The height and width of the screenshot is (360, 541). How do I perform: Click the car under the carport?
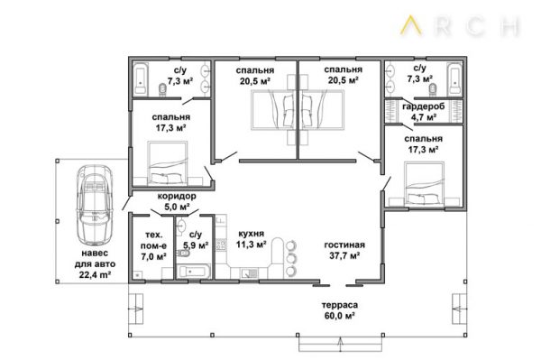(x=95, y=205)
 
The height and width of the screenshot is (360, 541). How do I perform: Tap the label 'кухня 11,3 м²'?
(x=252, y=239)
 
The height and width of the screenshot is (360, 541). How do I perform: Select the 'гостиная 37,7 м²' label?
(x=344, y=250)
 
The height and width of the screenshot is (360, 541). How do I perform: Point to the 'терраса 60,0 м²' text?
(x=340, y=310)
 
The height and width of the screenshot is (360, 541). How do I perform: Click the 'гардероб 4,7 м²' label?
(x=424, y=112)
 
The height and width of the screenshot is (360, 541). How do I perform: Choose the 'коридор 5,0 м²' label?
(x=177, y=201)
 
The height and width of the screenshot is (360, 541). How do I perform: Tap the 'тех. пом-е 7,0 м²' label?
(x=153, y=245)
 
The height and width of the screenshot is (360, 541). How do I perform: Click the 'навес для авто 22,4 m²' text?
(x=95, y=263)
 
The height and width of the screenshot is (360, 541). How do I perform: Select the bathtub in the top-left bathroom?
(x=141, y=79)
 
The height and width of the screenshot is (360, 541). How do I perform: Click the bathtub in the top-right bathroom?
(x=454, y=79)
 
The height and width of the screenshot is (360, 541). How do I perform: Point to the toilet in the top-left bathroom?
(x=162, y=88)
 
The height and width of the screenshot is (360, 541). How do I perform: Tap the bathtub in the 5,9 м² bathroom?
(x=193, y=272)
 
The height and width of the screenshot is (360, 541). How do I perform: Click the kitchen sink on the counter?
(x=249, y=273)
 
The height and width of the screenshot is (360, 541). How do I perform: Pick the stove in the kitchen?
(x=221, y=245)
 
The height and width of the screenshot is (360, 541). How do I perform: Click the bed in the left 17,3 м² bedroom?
(x=168, y=162)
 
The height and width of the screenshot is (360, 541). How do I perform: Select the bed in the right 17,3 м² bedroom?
(x=424, y=184)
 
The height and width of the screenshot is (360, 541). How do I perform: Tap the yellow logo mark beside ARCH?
(x=411, y=25)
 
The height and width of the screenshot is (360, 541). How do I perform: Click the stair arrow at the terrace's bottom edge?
(x=341, y=346)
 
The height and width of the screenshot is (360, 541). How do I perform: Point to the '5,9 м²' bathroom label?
(x=196, y=245)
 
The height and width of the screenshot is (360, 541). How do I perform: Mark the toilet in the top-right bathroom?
(x=433, y=89)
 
